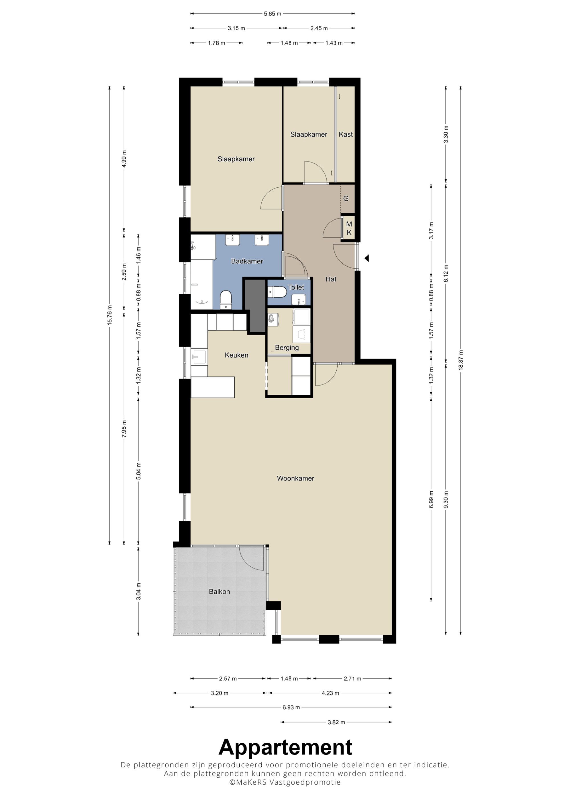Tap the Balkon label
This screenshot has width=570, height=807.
pyautogui.click(x=219, y=591)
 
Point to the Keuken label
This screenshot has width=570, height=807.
pyautogui.click(x=236, y=355)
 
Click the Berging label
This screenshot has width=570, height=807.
pyautogui.click(x=287, y=348)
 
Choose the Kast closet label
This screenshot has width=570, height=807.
pyautogui.click(x=346, y=134)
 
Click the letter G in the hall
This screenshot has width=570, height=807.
pyautogui.click(x=346, y=198)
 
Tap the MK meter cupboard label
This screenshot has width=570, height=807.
pyautogui.click(x=349, y=228)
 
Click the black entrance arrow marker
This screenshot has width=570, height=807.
pyautogui.click(x=367, y=258)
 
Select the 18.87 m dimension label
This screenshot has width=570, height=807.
pyautogui.click(x=461, y=360)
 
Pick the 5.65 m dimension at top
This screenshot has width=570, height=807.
pyautogui.click(x=272, y=14)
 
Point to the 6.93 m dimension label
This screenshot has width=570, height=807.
pyautogui.click(x=291, y=707)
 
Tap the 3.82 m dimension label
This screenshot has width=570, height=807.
pyautogui.click(x=336, y=722)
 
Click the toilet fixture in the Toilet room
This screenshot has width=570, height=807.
pyautogui.click(x=277, y=292)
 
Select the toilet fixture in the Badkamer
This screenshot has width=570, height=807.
pyautogui.click(x=225, y=300)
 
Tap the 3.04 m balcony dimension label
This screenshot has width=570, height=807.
pyautogui.click(x=139, y=591)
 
